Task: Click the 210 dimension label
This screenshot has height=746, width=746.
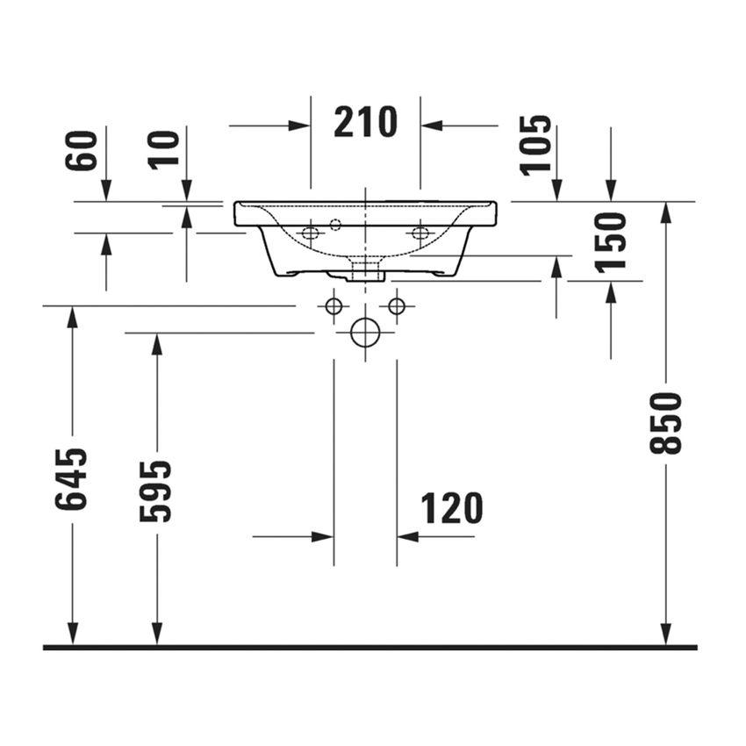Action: pos(365,124)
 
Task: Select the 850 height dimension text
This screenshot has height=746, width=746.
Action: pos(666,423)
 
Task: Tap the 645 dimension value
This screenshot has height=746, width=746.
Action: pos(72,478)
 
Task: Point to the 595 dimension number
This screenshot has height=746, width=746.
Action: pos(157,491)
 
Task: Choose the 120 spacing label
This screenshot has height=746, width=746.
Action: pos(452,508)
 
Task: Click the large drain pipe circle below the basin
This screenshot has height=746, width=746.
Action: pos(364,333)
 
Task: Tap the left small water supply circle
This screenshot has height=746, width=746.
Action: pos(333,306)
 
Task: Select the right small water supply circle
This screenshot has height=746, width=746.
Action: pos(397,306)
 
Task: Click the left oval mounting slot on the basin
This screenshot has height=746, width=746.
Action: pos(310,233)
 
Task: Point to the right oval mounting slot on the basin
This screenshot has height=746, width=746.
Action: pos(420,233)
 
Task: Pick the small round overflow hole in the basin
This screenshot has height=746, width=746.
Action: pos(335,225)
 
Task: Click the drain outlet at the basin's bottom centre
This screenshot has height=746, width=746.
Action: pos(364,268)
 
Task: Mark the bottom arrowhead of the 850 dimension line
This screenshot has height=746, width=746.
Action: pos(666,635)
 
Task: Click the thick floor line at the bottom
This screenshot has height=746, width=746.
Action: pos(369,648)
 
